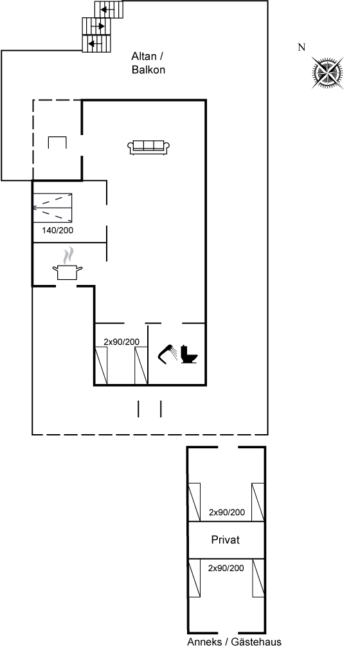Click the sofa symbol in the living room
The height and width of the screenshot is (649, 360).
(x=148, y=147)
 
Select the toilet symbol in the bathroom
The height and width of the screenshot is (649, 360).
(x=190, y=354)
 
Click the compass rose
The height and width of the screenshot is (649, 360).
(x=328, y=73)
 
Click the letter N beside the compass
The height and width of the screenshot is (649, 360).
(x=301, y=48)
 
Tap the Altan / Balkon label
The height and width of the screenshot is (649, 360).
(x=148, y=63)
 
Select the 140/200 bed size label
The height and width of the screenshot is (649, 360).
(x=57, y=230)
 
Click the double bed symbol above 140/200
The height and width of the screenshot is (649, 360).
(x=53, y=208)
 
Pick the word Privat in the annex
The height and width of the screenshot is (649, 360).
(x=226, y=540)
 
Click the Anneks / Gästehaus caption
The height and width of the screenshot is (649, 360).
(x=234, y=642)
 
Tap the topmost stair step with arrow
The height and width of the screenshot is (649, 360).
(x=109, y=10)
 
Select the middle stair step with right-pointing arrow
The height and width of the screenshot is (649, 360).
(x=96, y=26)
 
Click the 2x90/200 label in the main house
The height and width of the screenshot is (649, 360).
(x=122, y=342)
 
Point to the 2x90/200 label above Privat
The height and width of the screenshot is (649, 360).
(x=227, y=513)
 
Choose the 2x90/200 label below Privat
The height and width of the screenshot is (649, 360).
(x=226, y=569)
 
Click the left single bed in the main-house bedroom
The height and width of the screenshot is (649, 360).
(x=102, y=366)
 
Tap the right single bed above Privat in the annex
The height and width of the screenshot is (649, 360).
(x=258, y=502)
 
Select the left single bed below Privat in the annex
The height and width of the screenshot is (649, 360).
(x=195, y=578)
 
